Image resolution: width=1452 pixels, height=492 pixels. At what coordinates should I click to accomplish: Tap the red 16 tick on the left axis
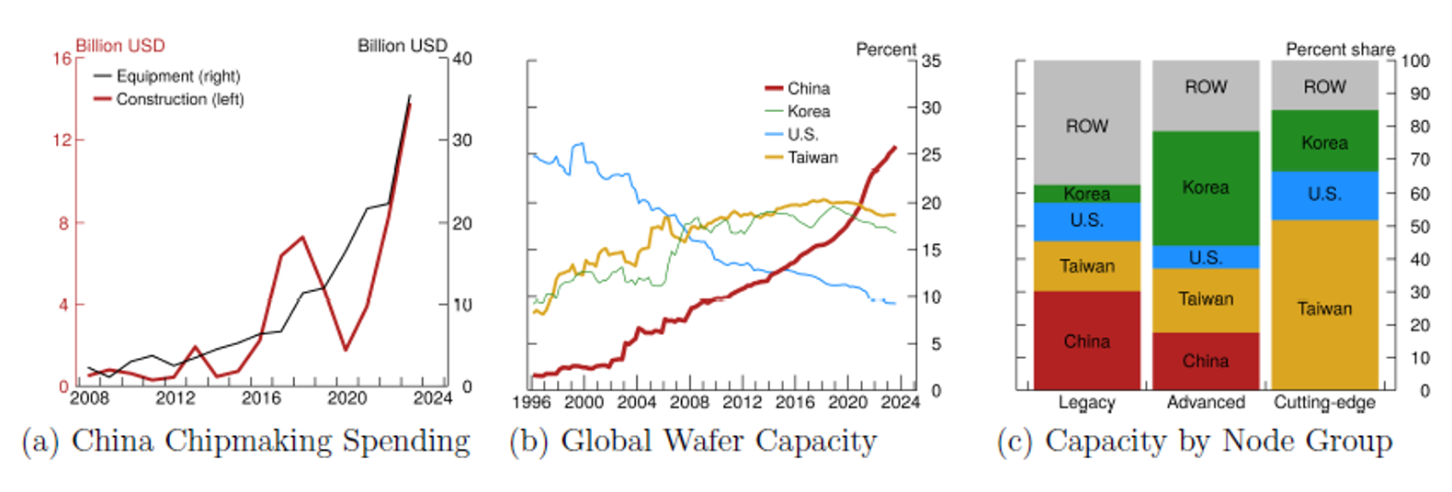point(62,59)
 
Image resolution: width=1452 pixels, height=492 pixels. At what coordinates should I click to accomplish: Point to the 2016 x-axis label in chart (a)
point(261,398)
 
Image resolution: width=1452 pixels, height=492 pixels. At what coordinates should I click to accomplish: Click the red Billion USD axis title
point(119,46)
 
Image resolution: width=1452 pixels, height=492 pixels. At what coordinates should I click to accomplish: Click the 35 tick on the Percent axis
point(931,61)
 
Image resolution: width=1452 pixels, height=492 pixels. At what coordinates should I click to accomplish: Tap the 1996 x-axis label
point(531,402)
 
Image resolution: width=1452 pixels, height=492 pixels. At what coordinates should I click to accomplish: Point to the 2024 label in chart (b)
point(900,402)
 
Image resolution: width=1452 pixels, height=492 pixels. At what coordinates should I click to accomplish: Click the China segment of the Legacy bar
point(1087,341)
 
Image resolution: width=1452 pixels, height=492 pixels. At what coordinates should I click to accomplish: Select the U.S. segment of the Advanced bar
point(1205,258)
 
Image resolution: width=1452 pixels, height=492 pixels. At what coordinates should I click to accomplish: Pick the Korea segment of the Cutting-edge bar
point(1324,142)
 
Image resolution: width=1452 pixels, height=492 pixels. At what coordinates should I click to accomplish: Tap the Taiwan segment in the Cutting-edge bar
point(1324,308)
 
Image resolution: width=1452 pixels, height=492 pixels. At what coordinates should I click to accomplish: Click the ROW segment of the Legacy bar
point(1087,126)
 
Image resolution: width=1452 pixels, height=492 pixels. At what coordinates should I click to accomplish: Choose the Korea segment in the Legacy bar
point(1087,194)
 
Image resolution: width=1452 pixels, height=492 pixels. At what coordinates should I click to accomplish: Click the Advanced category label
point(1206,402)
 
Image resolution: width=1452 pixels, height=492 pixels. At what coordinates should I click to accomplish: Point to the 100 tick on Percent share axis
point(1415,61)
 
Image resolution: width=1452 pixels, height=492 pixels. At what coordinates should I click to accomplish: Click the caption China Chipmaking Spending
point(270,442)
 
